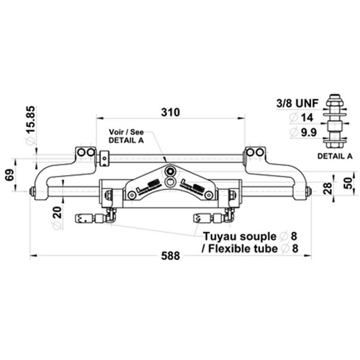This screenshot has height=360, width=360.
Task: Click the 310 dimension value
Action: point(170,113)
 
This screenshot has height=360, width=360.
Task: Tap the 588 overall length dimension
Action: point(170,256)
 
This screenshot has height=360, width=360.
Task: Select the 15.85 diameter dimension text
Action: point(31,119)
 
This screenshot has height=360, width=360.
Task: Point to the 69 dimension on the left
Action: point(10,175)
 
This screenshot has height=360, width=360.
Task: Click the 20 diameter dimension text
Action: point(57,212)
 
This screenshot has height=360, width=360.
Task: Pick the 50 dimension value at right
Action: point(349,184)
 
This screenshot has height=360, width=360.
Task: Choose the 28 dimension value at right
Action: point(328,188)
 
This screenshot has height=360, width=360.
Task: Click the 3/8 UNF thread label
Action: point(298,103)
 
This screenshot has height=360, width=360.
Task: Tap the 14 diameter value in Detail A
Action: point(307,118)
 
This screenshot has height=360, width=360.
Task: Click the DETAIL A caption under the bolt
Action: point(335,156)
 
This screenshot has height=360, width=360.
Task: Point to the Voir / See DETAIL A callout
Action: point(126,136)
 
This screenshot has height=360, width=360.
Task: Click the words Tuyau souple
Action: point(239,236)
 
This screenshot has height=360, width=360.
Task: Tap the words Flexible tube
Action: point(243,248)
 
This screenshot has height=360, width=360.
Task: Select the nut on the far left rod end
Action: point(32,191)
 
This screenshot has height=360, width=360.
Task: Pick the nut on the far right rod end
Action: point(308,191)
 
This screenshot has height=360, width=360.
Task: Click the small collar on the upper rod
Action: point(104,158)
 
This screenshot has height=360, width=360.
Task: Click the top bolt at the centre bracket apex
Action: point(170,171)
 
